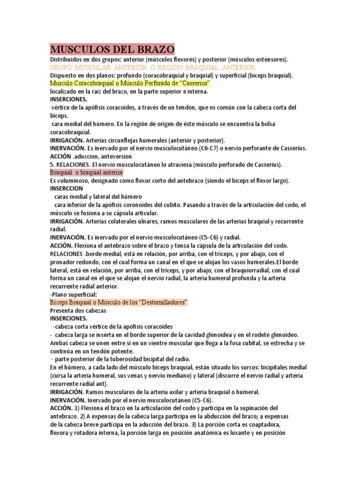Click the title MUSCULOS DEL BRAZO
[112, 49]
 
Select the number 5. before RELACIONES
[52, 165]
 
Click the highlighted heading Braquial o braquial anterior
[86, 172]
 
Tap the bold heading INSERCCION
[66, 188]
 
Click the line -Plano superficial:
[73, 294]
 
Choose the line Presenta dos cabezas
[78, 310]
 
